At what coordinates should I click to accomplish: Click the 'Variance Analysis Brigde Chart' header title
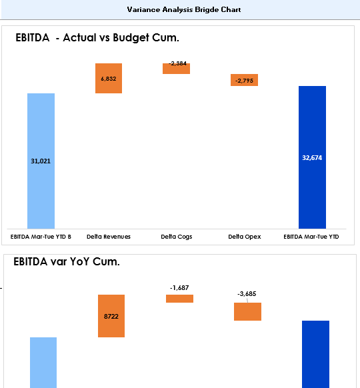184,9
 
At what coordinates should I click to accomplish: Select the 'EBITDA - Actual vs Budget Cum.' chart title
97,38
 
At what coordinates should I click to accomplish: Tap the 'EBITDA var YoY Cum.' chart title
67,261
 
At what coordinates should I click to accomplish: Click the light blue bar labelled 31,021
41,161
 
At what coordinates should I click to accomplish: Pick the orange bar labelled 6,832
109,78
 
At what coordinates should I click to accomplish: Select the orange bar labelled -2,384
176,69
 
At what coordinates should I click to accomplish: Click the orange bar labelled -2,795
244,80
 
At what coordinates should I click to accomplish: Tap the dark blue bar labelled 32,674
312,157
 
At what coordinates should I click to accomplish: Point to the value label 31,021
41,161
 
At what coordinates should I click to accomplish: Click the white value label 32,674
312,158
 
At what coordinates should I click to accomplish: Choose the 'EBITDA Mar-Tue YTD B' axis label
41,237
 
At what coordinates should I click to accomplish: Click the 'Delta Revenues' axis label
109,237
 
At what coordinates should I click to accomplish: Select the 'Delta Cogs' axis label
177,237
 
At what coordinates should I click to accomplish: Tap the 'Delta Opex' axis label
245,237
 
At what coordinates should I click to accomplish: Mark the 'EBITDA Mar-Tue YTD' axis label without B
311,237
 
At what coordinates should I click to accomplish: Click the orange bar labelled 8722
111,316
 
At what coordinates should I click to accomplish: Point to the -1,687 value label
179,288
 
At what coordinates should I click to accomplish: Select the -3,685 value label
247,294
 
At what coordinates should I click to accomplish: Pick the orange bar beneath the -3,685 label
248,311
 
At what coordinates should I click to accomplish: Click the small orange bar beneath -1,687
179,299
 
